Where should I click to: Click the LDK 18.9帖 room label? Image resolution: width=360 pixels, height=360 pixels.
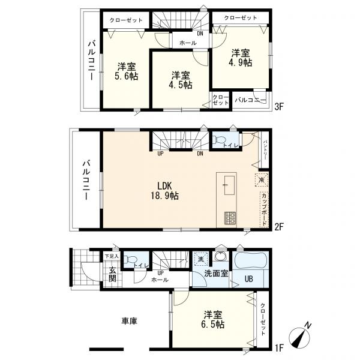pyautogui.click(x=164, y=190)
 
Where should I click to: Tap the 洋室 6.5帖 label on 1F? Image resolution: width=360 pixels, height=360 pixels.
pyautogui.click(x=213, y=319)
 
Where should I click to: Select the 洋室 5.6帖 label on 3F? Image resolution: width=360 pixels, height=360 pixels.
pyautogui.click(x=127, y=71)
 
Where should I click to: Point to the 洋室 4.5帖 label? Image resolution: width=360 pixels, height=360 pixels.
pyautogui.click(x=181, y=80)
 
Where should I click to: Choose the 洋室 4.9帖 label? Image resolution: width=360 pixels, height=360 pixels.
pyautogui.click(x=241, y=58)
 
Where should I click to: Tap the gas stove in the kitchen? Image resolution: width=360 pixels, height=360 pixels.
pyautogui.click(x=230, y=218)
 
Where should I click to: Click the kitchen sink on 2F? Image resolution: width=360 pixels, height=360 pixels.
pyautogui.click(x=229, y=185)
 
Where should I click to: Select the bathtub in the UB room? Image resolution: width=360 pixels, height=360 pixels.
pyautogui.click(x=250, y=260)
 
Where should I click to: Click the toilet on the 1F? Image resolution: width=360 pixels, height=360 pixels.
pyautogui.click(x=130, y=259)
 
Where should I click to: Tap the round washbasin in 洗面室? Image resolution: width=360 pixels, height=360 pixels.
pyautogui.click(x=221, y=256)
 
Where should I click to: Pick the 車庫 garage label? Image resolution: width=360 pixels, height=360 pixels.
pyautogui.click(x=130, y=321)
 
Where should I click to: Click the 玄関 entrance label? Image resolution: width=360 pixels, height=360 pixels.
pyautogui.click(x=112, y=274)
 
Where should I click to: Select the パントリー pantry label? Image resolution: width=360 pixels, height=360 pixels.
pyautogui.click(x=265, y=149)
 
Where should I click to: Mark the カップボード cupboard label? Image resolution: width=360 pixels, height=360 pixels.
pyautogui.click(x=264, y=209)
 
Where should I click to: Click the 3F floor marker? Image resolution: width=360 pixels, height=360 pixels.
pyautogui.click(x=280, y=106)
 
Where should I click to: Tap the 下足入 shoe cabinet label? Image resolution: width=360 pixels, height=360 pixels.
pyautogui.click(x=112, y=256)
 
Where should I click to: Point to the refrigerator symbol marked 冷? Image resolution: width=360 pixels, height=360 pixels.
pyautogui.click(x=262, y=180)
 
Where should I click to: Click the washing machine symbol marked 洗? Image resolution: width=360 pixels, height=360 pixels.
pyautogui.click(x=201, y=259)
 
